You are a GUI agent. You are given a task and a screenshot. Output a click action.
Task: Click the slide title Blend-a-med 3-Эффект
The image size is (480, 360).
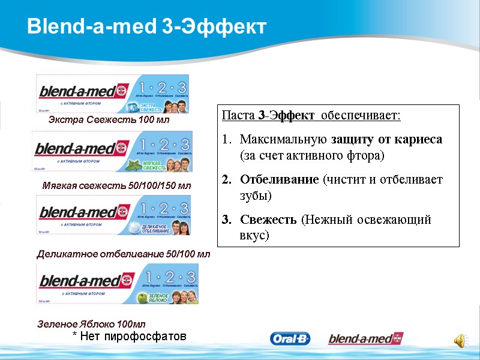point(146,26)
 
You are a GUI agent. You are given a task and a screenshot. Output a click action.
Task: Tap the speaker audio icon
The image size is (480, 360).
point(458,340)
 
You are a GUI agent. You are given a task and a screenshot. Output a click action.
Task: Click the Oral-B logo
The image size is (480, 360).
point(290,339)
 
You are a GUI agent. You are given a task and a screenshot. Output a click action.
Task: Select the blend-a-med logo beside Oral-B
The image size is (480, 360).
point(365,339)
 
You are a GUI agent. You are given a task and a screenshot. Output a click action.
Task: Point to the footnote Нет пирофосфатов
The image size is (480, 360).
point(129,336)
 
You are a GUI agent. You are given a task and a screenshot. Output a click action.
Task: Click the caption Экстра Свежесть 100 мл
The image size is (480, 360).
point(109,120)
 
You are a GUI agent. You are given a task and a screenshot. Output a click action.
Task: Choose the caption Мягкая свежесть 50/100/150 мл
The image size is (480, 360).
point(116,185)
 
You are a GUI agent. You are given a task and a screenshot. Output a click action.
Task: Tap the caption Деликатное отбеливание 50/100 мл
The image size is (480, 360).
point(124,254)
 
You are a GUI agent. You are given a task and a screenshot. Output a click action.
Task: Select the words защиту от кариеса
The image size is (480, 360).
point(386,139)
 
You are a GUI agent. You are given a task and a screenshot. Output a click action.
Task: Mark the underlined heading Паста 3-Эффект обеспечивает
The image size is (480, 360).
point(311,115)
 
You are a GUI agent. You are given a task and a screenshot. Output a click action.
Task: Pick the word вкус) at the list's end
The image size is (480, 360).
point(254,236)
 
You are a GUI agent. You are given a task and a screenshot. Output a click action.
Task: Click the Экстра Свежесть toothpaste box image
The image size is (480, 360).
point(112,94)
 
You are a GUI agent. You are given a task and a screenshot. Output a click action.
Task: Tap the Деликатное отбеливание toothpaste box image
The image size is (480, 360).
point(114,215)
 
